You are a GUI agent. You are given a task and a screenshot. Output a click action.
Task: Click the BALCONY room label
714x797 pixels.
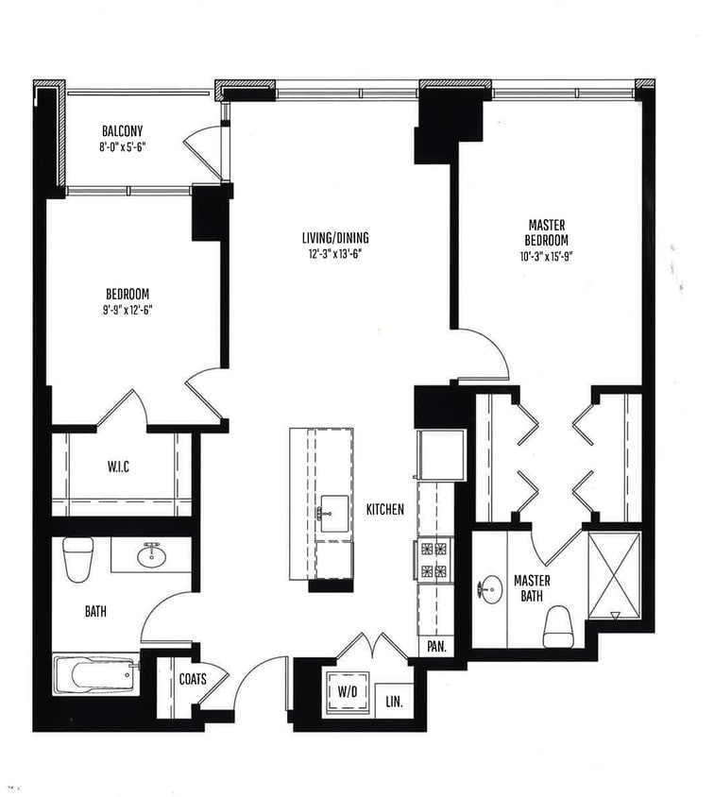[x=123, y=130]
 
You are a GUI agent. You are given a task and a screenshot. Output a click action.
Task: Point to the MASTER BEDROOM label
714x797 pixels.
[x=547, y=233]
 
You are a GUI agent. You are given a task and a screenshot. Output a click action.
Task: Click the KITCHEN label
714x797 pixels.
[x=384, y=509]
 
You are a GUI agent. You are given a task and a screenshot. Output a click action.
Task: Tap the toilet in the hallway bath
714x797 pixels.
[x=77, y=559]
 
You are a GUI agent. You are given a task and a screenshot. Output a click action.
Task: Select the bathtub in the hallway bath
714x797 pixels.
[x=94, y=674]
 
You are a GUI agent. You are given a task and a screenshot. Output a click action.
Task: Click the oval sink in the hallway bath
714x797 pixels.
[x=151, y=555]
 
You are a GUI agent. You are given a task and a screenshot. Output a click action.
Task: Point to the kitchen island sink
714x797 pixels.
[x=332, y=510]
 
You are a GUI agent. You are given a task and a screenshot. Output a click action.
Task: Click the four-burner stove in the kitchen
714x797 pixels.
[x=433, y=558]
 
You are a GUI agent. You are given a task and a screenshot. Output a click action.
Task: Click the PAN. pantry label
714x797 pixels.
[x=437, y=647]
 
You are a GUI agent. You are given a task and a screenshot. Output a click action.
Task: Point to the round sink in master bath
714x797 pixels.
[x=490, y=591]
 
